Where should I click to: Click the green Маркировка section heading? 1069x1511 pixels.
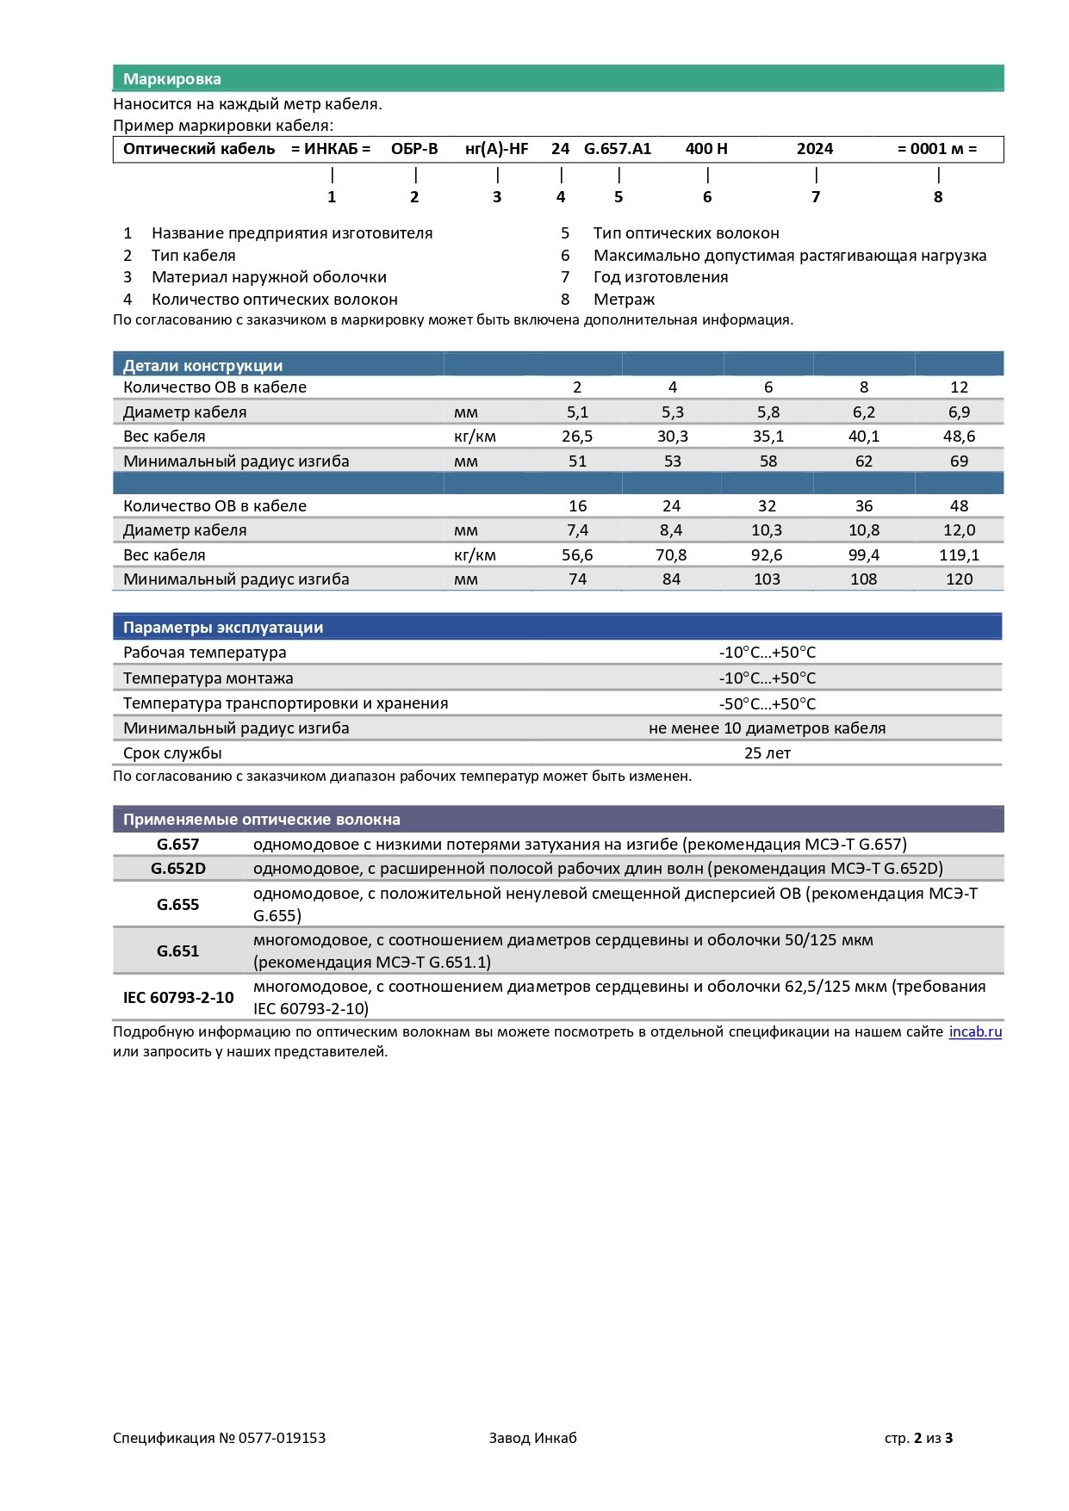(x=172, y=79)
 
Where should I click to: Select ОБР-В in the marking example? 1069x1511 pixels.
(x=414, y=149)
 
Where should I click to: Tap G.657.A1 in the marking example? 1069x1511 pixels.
(x=618, y=149)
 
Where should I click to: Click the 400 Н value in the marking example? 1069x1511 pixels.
(x=706, y=149)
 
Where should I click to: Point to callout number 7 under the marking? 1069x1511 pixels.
(x=816, y=197)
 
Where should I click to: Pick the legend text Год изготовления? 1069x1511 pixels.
(x=661, y=277)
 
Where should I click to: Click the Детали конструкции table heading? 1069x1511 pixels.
(x=203, y=365)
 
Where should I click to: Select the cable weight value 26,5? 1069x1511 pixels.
(x=577, y=437)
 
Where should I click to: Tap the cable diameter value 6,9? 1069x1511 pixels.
(x=959, y=412)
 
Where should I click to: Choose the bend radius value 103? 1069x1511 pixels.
(x=767, y=579)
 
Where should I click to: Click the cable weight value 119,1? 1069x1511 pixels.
(x=959, y=555)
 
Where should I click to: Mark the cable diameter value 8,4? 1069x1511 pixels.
(x=671, y=530)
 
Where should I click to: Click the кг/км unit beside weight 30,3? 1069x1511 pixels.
(x=475, y=437)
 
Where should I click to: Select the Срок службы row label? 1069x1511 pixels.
(x=172, y=753)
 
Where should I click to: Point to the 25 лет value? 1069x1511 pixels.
(x=767, y=753)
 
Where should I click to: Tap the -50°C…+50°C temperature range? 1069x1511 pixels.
(x=767, y=703)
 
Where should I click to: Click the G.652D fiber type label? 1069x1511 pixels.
(x=178, y=869)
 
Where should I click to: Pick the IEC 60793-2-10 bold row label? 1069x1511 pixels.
(x=178, y=998)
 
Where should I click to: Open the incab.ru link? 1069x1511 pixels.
(x=975, y=1031)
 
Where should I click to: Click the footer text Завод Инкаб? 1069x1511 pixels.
(x=532, y=1438)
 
